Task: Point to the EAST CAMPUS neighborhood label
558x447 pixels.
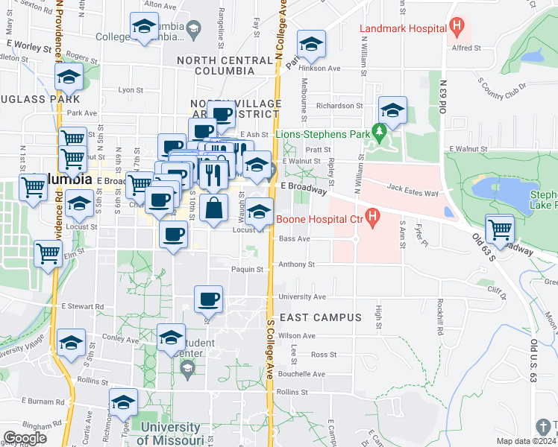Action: point(327,317)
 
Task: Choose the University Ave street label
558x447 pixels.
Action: point(302,297)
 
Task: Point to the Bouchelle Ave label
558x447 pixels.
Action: point(301,374)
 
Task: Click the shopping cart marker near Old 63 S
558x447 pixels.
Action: point(500,229)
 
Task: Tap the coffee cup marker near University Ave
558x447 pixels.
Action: point(208,299)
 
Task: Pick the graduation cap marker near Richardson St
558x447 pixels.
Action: point(392,110)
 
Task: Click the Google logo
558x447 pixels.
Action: point(25,438)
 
